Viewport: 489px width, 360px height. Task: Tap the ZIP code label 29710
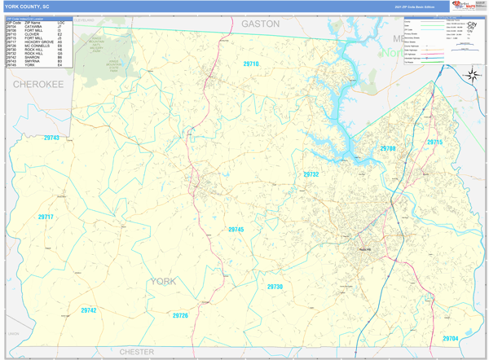coord(251,64)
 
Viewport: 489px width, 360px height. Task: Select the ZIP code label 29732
coord(311,174)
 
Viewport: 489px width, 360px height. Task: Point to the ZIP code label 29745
coord(236,230)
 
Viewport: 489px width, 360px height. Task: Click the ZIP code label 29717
coord(45,217)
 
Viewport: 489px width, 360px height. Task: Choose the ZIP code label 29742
coord(88,310)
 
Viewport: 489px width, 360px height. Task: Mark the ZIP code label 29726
coord(180,315)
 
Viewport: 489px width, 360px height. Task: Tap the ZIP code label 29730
coord(275,287)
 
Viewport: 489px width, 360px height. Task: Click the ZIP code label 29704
coord(451,338)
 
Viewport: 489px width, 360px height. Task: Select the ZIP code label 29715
coord(435,143)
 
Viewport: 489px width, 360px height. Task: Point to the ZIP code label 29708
coord(388,149)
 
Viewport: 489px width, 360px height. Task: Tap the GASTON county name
coord(260,24)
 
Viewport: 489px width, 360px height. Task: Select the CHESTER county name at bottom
coord(136,352)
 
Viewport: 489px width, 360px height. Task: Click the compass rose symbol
coord(471,75)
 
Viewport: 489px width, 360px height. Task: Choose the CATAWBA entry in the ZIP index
coord(33,26)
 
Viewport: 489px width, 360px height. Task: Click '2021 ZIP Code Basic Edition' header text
coord(414,6)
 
